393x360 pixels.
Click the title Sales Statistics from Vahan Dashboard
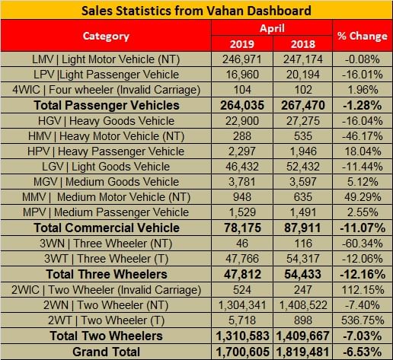[196, 10]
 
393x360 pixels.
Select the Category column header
[106, 36]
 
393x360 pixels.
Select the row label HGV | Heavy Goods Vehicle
[106, 121]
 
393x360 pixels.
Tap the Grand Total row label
[106, 352]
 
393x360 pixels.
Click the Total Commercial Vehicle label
[106, 228]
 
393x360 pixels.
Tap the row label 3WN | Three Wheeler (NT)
[106, 244]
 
